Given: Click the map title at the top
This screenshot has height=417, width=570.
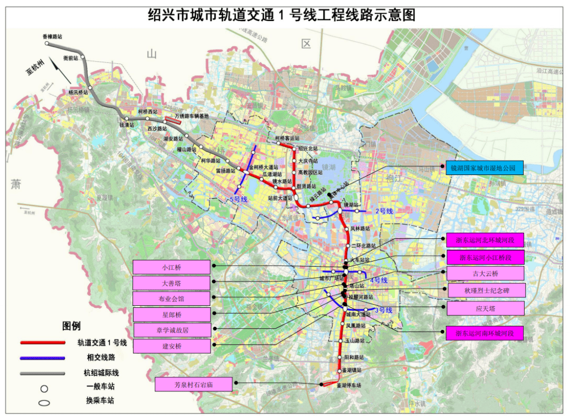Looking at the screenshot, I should point(281,14).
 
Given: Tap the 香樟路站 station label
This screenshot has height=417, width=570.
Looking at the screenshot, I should point(52,37).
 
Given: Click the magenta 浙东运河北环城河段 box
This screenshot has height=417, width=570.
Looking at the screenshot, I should point(485,240).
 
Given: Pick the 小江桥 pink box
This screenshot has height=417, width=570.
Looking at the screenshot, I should point(172,267).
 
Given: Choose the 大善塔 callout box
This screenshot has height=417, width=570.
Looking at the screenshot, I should point(172,283).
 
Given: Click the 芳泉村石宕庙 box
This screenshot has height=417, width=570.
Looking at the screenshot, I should point(194,385).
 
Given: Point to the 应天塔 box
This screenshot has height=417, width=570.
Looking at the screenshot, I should point(486,308).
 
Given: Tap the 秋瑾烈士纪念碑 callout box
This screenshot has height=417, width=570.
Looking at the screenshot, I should point(487,290).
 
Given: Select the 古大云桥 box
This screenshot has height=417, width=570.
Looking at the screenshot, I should point(485,273).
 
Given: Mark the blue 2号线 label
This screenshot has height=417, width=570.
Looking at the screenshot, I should point(384,211).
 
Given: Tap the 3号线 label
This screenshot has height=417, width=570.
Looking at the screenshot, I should point(384,310).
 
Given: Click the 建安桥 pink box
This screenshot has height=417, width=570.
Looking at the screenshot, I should point(172,346).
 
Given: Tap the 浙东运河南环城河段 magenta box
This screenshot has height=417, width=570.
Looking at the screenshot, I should point(485,333).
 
